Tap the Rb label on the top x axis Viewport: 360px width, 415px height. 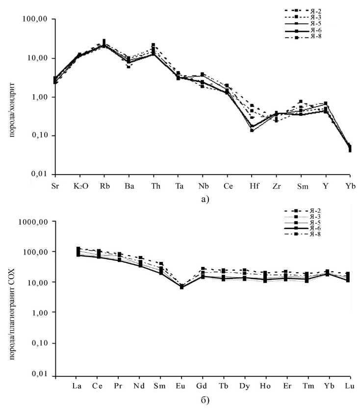point(104,187)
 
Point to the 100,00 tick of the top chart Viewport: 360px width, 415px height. point(38,19)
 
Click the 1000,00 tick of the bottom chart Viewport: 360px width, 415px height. point(36,221)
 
